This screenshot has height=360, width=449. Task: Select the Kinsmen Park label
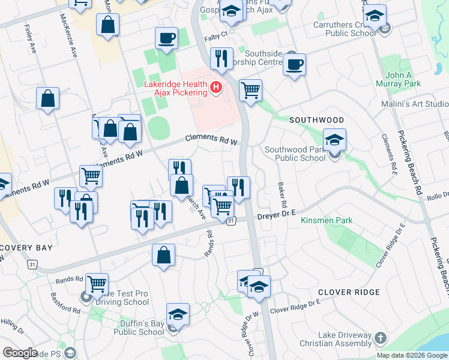click(x=326, y=221)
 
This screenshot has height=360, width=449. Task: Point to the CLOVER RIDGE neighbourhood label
click(x=349, y=292)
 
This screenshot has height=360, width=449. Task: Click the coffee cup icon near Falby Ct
click(x=166, y=38)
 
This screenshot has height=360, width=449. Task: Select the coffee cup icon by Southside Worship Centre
click(x=294, y=64)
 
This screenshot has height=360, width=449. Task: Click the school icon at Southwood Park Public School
click(x=334, y=140)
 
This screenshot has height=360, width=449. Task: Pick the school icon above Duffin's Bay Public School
click(x=178, y=314)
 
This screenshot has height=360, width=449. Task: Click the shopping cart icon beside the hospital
click(x=250, y=90)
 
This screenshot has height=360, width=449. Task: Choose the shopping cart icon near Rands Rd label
click(x=97, y=283)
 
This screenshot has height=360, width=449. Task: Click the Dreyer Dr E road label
click(x=277, y=213)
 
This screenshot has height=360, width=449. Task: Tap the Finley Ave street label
click(x=30, y=40)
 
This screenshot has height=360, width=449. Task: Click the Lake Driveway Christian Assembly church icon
click(x=379, y=337)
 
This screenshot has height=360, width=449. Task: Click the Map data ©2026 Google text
click(x=412, y=356)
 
